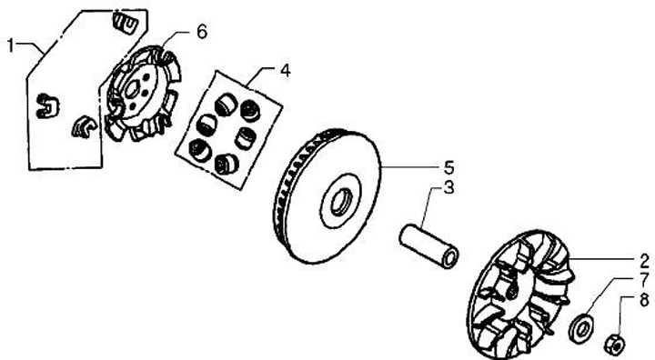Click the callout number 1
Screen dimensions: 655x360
tap(11, 45)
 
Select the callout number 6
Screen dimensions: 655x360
tap(202, 32)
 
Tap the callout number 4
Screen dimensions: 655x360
tap(285, 70)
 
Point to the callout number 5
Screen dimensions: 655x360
tap(448, 168)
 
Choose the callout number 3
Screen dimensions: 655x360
tap(448, 187)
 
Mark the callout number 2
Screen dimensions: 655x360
tap(645, 261)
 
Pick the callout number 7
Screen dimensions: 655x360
tap(645, 280)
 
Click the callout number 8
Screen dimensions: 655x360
tap(645, 299)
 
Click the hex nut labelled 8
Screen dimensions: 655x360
tap(615, 344)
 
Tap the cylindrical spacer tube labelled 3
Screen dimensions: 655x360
tap(428, 245)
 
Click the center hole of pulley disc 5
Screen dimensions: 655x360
tap(340, 202)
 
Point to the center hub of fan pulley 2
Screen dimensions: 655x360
tap(512, 292)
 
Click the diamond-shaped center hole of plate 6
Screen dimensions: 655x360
tap(133, 89)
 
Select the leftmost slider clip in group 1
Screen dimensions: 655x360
tap(46, 105)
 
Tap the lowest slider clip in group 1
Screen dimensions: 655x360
tap(84, 126)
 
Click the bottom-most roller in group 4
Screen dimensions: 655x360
tap(227, 164)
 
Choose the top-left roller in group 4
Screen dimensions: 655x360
tap(226, 105)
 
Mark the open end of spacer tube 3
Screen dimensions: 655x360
tap(449, 258)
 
